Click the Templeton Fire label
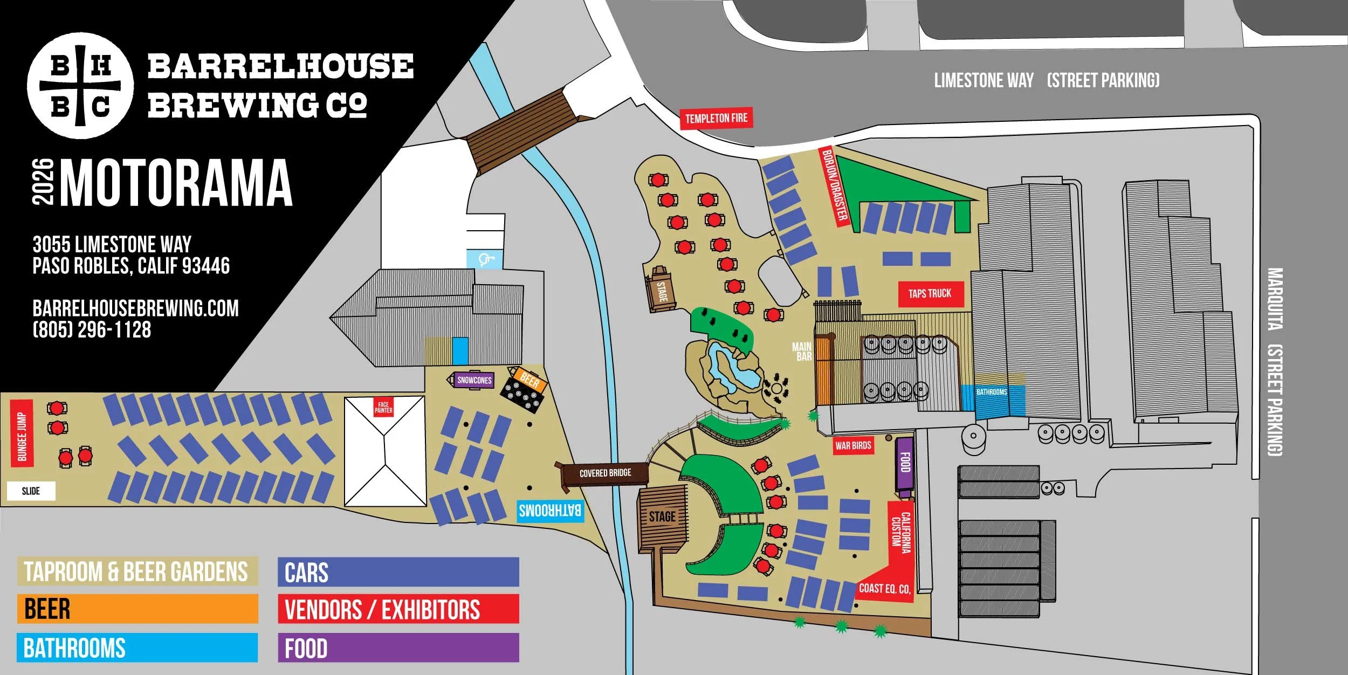716,118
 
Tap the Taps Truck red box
930,294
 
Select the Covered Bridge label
605,473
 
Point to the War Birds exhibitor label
853,445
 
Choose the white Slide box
31,491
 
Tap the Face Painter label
383,408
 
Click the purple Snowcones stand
474,380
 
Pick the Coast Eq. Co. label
884,589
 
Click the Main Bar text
802,352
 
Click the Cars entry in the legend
398,572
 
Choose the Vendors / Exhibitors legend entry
398,609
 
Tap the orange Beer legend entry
137,609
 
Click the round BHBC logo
80,86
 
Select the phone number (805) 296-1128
92,330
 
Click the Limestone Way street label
984,81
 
